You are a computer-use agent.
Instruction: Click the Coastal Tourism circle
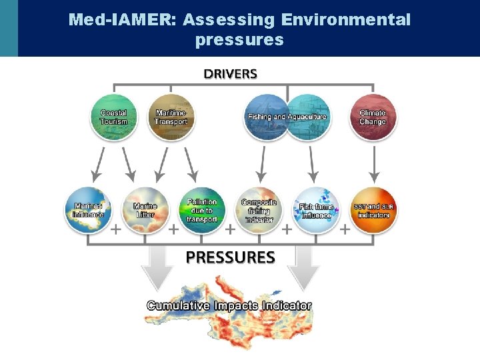[x=114, y=117]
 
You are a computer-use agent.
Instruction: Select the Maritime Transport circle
[x=171, y=117]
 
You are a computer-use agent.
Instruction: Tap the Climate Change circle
[x=373, y=117]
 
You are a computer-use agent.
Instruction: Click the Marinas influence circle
[x=89, y=210]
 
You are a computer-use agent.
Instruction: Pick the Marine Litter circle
[x=145, y=210]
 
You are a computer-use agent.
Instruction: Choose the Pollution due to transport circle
[x=202, y=210]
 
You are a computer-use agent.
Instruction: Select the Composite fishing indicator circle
[x=259, y=210]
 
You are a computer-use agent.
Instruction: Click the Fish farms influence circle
[x=316, y=210]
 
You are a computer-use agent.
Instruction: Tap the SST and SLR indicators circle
[x=373, y=210]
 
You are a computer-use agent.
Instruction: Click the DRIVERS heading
[x=230, y=73]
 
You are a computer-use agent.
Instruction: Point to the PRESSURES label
[x=230, y=257]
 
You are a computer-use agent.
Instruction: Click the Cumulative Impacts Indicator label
[x=229, y=305]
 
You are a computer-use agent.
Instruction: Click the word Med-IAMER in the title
[x=119, y=19]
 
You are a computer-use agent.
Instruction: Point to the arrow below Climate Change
[x=373, y=164]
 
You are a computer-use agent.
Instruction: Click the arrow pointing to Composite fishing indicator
[x=263, y=164]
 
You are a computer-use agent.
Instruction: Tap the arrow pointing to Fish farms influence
[x=311, y=164]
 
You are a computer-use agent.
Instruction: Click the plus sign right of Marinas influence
[x=115, y=230]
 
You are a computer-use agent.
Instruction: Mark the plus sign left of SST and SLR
[x=345, y=230]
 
